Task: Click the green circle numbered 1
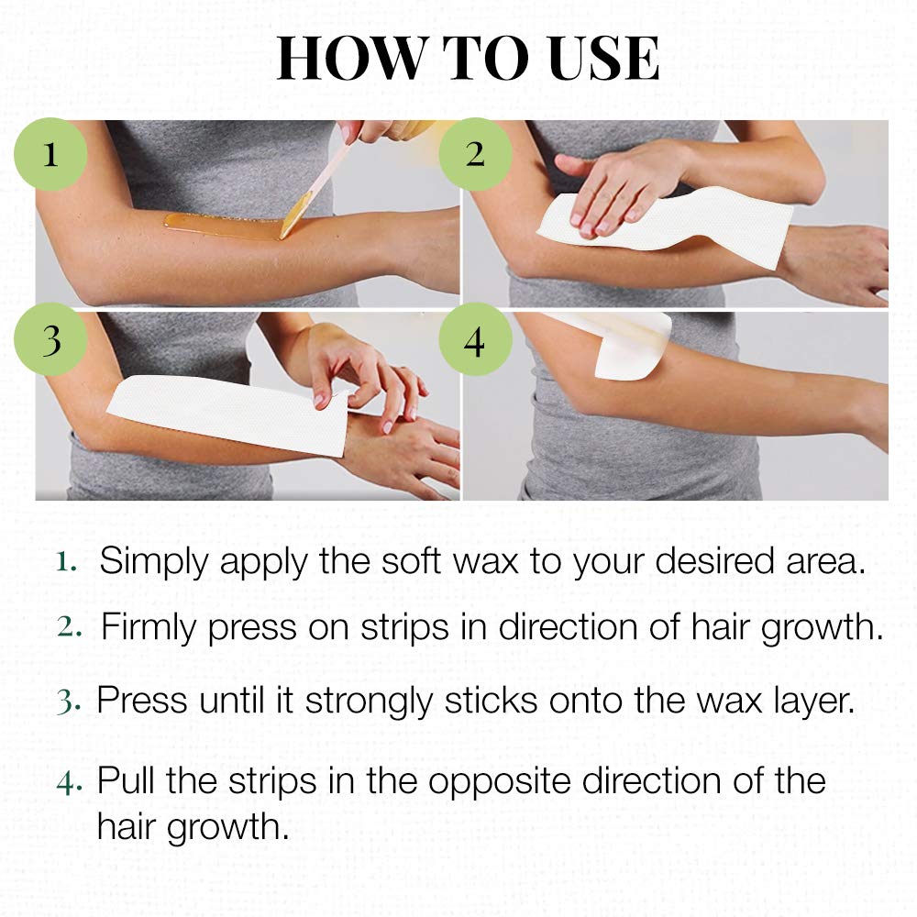pos(50,154)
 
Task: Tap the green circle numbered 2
pos(474,154)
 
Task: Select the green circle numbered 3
pos(50,340)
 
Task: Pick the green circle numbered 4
pos(474,340)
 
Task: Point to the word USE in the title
pos(597,60)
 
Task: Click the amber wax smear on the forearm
pos(220,226)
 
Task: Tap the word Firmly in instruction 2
pos(149,627)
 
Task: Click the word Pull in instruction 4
pos(128,781)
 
